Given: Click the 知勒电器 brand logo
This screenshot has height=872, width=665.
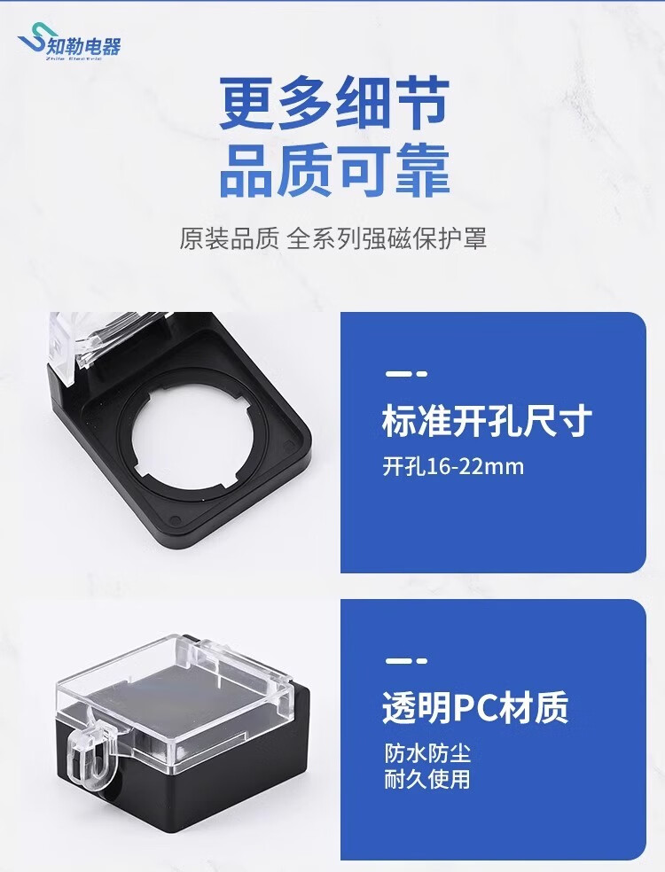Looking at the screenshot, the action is [69, 43].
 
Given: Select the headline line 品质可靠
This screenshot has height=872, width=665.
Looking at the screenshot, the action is [334, 170].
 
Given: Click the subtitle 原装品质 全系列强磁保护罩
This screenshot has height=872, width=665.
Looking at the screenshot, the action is [332, 238].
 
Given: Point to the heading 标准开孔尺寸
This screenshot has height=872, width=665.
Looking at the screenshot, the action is [487, 422].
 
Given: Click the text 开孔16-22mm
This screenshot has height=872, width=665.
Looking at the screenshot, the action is [453, 466].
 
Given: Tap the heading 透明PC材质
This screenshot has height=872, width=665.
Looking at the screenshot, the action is [475, 707].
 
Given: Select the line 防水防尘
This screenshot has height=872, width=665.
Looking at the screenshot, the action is [427, 753].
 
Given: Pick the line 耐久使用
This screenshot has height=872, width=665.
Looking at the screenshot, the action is [427, 779].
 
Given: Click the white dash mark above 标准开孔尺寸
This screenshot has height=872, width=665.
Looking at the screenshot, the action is [406, 374].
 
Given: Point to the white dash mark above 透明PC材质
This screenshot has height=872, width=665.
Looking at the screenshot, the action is [406, 661].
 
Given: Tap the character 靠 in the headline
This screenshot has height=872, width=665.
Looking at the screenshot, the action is [423, 170].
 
